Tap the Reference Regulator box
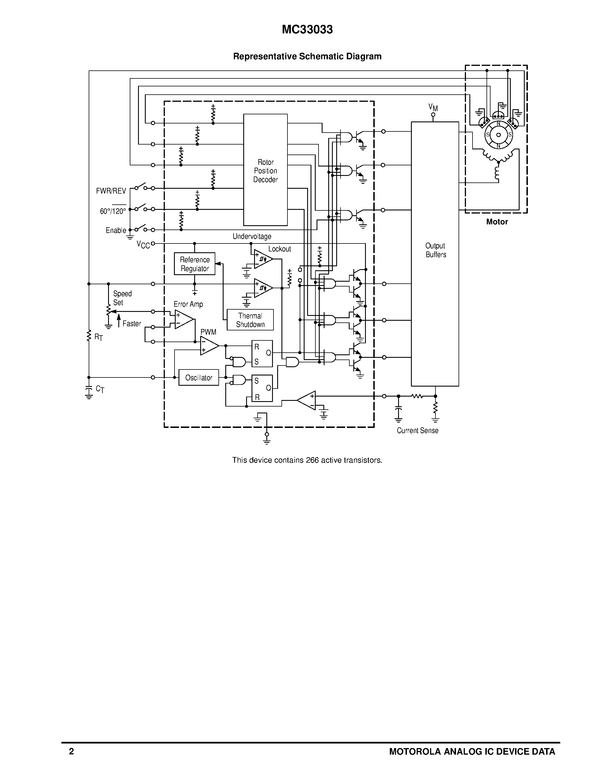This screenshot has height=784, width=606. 194,264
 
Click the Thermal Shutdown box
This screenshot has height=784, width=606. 250,320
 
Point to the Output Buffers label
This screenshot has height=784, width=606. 435,250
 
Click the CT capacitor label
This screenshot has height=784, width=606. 100,389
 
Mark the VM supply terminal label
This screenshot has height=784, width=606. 433,107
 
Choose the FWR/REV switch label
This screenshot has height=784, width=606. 111,191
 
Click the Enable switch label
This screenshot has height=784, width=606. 115,230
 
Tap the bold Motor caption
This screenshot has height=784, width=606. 497,222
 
